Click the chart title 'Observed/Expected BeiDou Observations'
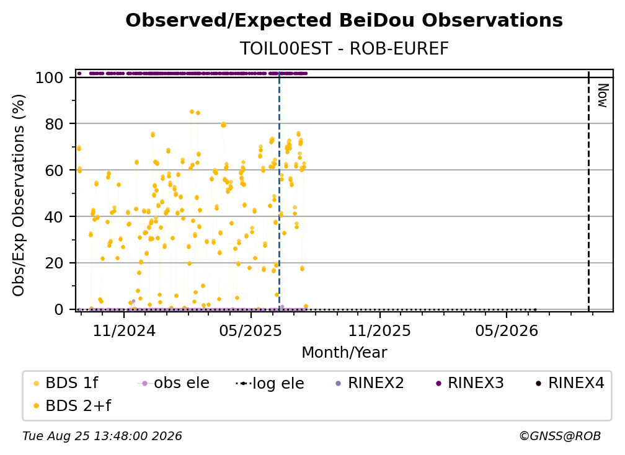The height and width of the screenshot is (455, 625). (344, 20)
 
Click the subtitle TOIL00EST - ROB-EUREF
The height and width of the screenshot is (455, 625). (344, 48)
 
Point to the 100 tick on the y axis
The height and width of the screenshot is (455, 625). (50, 77)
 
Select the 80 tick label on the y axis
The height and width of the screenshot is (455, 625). (54, 124)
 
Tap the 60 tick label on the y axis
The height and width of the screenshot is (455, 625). (54, 170)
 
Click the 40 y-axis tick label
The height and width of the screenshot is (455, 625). (54, 217)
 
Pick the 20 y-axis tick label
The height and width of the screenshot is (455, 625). (54, 263)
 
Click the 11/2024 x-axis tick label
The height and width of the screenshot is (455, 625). (124, 330)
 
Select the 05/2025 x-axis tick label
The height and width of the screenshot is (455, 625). (250, 330)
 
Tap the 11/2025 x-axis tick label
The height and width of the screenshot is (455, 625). (379, 330)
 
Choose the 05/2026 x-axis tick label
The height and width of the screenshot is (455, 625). (507, 330)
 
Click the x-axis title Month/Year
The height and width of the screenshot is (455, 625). (344, 353)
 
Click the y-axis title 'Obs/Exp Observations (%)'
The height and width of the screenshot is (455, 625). (19, 195)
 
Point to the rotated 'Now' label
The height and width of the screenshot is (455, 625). (602, 95)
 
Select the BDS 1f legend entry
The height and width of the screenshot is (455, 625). (66, 383)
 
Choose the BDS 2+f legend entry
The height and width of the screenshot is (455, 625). (72, 406)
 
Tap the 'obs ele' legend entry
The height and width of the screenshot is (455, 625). (174, 383)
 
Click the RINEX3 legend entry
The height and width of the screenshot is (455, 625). (470, 383)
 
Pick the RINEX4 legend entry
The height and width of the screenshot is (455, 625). (570, 383)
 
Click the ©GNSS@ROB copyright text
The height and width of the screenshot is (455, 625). (560, 436)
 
